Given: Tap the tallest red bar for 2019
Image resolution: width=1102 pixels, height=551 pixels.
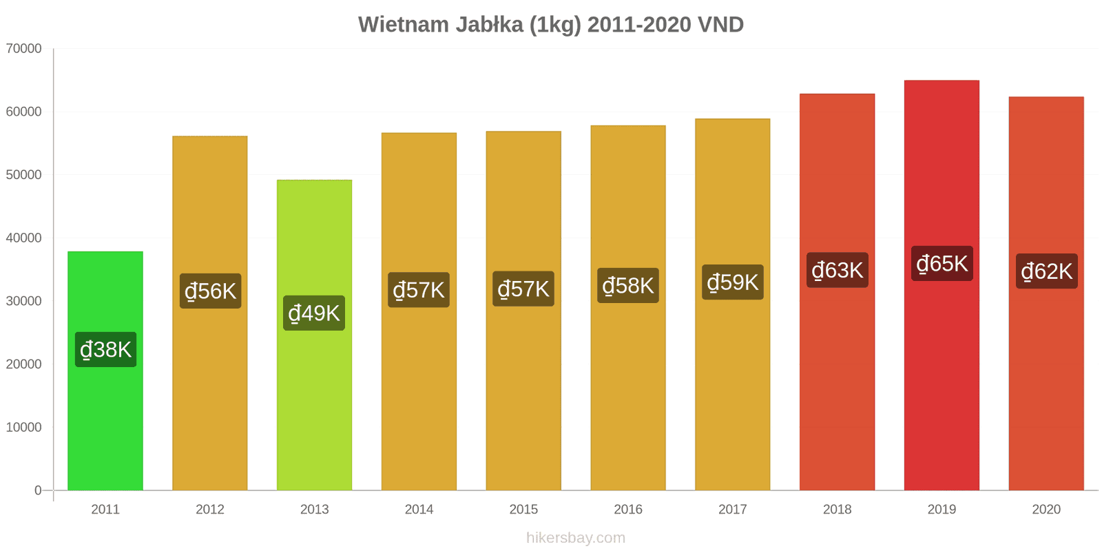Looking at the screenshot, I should click(x=942, y=379).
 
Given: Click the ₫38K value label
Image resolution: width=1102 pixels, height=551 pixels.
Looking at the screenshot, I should click(x=105, y=350).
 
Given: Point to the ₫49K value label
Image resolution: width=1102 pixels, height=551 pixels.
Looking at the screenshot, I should click(x=314, y=313).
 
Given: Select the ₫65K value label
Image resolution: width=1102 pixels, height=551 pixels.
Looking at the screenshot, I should click(x=942, y=264).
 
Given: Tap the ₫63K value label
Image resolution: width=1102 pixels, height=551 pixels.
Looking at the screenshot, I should click(x=837, y=270).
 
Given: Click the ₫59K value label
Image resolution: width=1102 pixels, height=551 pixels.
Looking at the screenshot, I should click(x=732, y=282).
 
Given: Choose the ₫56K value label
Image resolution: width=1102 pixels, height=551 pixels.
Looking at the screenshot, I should click(x=210, y=291).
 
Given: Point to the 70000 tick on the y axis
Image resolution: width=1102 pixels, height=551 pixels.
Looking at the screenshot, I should click(x=23, y=49).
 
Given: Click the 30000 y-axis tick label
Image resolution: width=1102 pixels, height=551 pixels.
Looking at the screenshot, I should click(x=23, y=301).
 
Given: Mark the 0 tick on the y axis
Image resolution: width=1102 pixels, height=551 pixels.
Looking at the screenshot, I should click(x=38, y=490).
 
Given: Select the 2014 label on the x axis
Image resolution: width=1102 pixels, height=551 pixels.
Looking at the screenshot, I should click(x=419, y=510).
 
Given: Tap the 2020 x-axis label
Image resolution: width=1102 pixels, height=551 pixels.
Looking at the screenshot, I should click(x=1046, y=510).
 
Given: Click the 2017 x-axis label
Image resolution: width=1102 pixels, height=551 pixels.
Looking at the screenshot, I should click(x=732, y=510).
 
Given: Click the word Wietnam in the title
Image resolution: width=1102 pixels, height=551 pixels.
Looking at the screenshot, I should click(x=403, y=25).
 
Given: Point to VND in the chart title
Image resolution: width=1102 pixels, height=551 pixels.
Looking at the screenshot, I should click(x=720, y=25).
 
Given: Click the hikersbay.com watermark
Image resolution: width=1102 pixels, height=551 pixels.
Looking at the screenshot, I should click(x=576, y=538).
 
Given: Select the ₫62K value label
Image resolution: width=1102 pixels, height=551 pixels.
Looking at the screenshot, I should click(x=1046, y=271).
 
